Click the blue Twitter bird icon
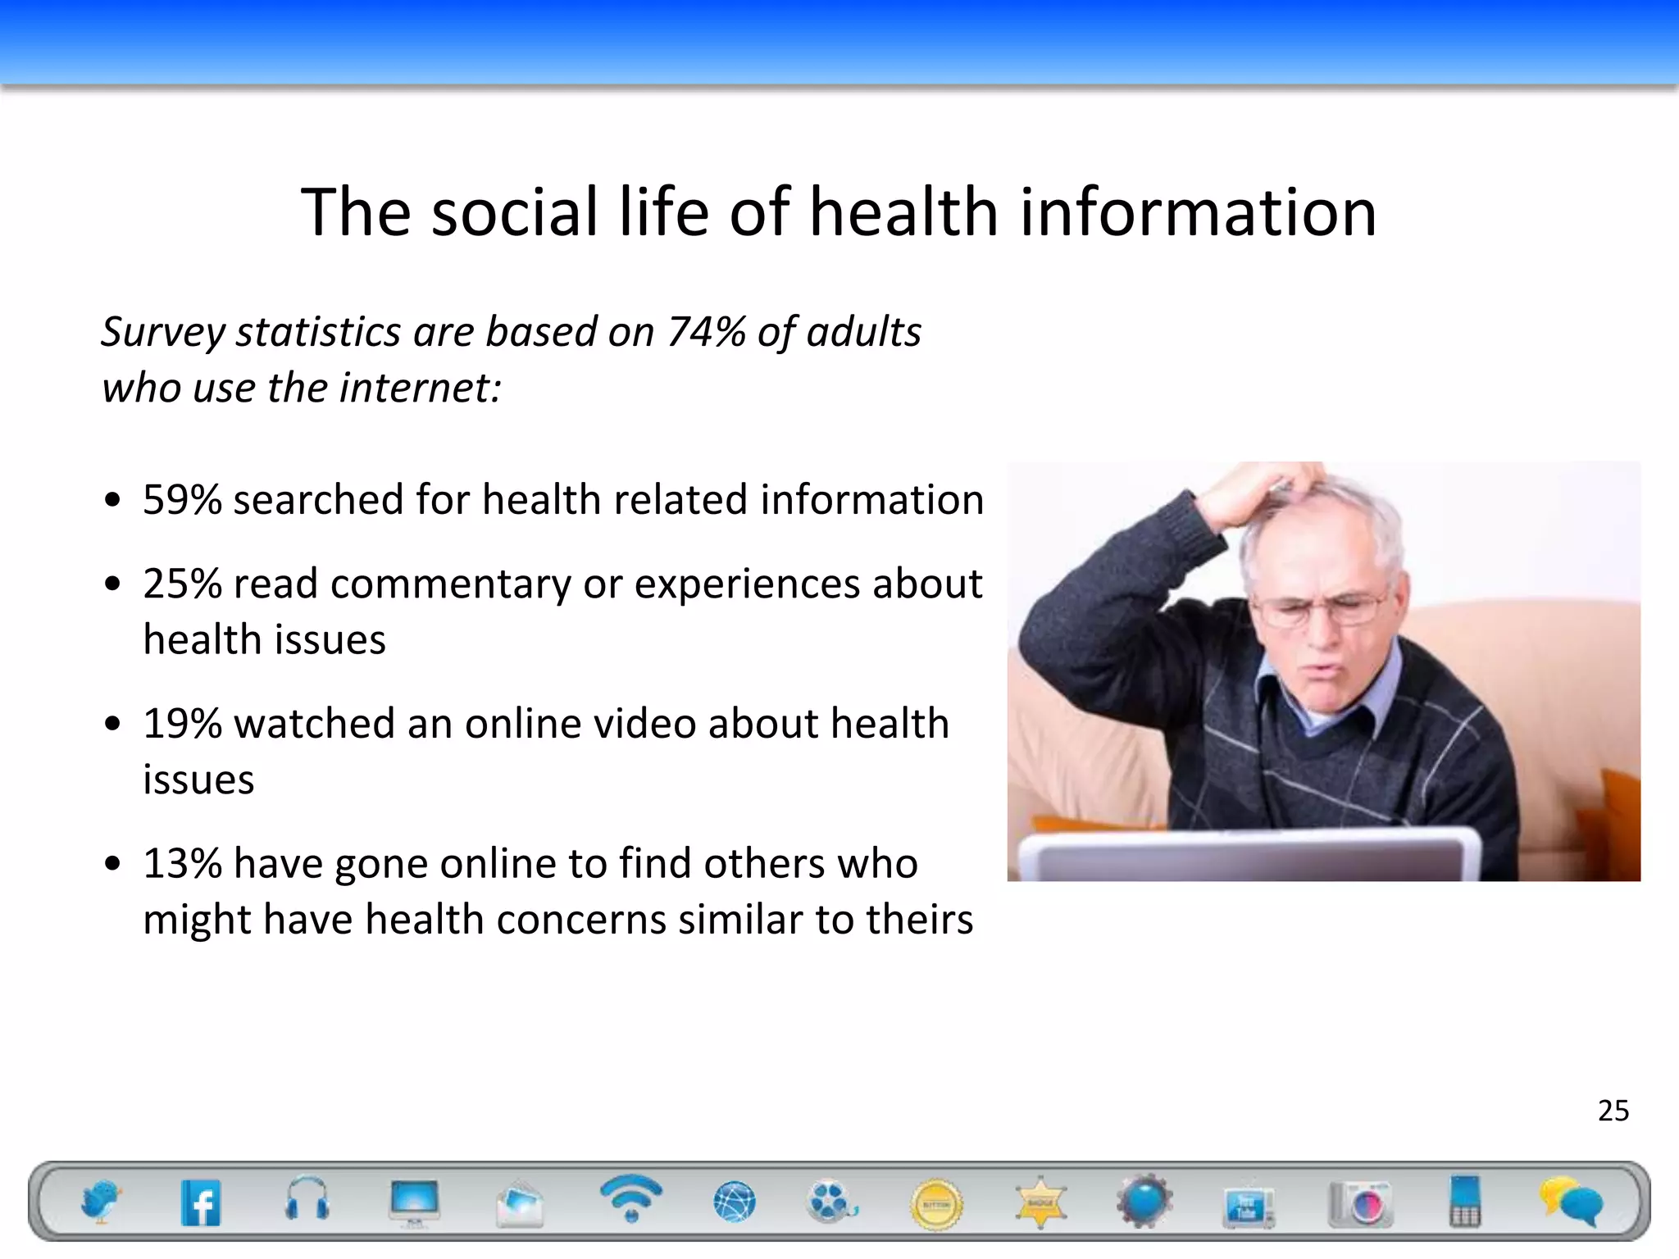coord(101,1202)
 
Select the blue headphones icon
coord(307,1201)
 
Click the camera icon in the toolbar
coord(1361,1203)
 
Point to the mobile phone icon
coord(1465,1202)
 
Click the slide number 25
coord(1613,1111)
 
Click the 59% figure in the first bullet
coord(182,499)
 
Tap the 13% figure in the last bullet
coord(182,863)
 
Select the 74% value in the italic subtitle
coord(706,332)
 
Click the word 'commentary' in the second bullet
coord(450,584)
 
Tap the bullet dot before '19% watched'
coord(113,725)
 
